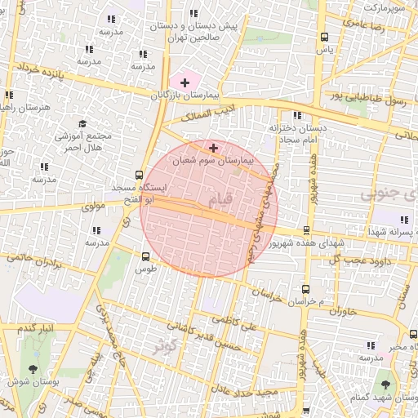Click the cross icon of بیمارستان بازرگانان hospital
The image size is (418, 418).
pyautogui.click(x=185, y=82)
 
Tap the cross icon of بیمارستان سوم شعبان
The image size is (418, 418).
pyautogui.click(x=214, y=148)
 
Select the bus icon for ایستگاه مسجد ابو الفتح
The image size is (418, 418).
pyautogui.click(x=139, y=175)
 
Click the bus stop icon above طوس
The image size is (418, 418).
pyautogui.click(x=145, y=256)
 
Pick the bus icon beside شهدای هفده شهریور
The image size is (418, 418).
pyautogui.click(x=306, y=231)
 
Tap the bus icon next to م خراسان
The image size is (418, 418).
pyautogui.click(x=305, y=289)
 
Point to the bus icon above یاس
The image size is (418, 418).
pyautogui.click(x=325, y=37)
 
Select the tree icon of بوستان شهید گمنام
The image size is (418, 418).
pyautogui.click(x=384, y=382)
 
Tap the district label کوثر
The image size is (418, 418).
pyautogui.click(x=168, y=345)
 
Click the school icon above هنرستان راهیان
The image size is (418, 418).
pyautogui.click(x=9, y=95)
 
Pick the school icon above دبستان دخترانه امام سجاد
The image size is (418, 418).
pyautogui.click(x=296, y=115)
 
